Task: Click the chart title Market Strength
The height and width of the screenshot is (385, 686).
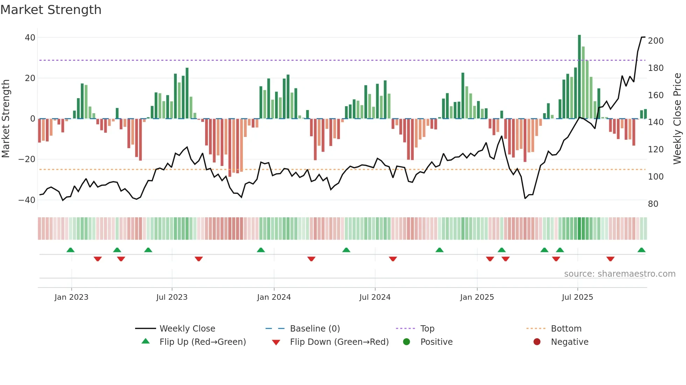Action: click(x=51, y=10)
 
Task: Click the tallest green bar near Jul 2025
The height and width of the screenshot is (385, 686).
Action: click(x=579, y=77)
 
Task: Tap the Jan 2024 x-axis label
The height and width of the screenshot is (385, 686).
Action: click(x=274, y=297)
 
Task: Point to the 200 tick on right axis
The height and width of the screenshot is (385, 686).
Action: click(x=656, y=41)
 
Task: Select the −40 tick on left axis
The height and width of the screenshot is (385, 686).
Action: click(x=27, y=200)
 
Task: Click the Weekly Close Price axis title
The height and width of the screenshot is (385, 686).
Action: click(x=677, y=119)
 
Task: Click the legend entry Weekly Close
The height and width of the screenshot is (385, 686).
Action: click(x=187, y=329)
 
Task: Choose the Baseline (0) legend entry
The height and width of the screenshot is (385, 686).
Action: click(x=315, y=329)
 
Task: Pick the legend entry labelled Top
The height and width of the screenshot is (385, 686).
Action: click(x=427, y=329)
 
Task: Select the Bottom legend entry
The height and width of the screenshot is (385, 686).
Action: click(x=566, y=329)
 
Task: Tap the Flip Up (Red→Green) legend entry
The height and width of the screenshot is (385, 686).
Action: click(x=202, y=342)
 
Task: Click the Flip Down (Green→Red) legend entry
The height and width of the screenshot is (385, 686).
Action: click(x=339, y=342)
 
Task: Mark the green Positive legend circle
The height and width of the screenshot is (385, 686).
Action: click(x=406, y=342)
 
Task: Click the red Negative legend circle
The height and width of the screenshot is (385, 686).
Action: click(x=537, y=342)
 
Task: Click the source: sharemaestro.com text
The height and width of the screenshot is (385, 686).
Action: click(x=619, y=274)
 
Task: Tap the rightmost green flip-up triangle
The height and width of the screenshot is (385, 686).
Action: click(x=641, y=250)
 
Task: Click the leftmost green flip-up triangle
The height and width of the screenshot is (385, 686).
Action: click(x=70, y=250)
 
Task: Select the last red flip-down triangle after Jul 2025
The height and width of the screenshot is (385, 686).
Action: click(x=610, y=259)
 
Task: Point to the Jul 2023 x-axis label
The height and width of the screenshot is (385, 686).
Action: click(x=172, y=297)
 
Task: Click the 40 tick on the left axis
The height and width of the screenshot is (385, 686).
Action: click(x=30, y=38)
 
